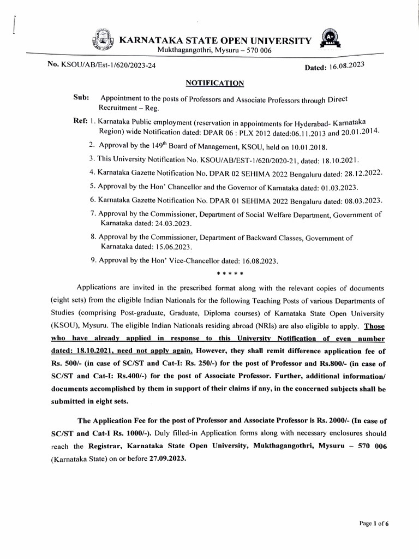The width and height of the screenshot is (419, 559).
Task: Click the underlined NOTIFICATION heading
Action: pos(214,83)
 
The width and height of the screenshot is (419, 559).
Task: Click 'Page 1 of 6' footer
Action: pos(374,524)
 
